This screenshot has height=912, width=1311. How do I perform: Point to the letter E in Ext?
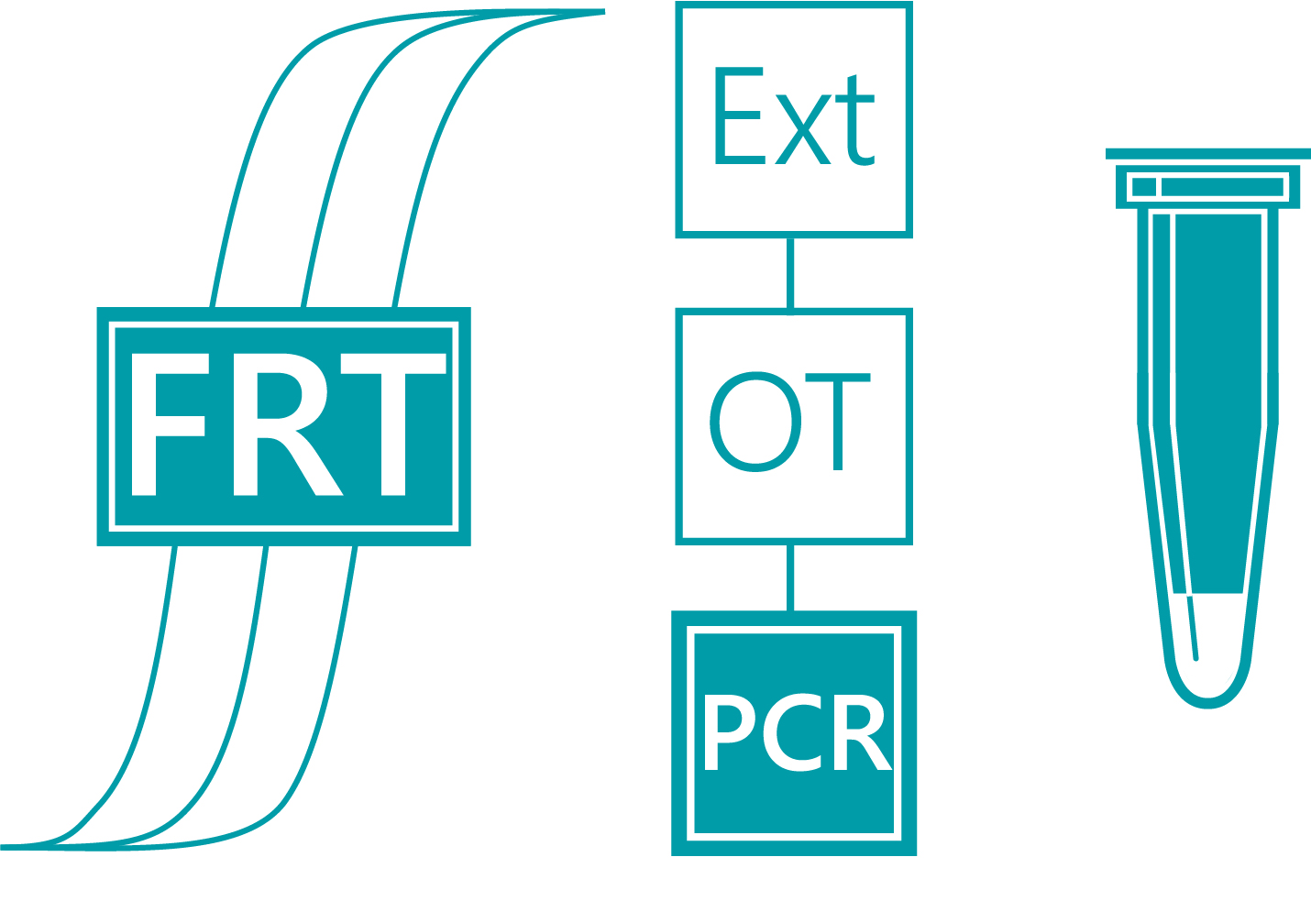(x=737, y=116)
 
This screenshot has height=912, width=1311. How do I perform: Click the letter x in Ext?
(x=803, y=133)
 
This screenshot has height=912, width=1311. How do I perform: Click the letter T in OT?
(x=837, y=422)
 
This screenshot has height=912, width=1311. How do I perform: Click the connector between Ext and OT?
(x=790, y=273)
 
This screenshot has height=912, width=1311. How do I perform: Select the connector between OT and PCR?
(x=790, y=577)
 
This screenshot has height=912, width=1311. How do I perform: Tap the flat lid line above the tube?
(x=1208, y=153)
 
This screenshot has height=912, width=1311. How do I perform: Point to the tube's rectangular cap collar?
(x=1208, y=187)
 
